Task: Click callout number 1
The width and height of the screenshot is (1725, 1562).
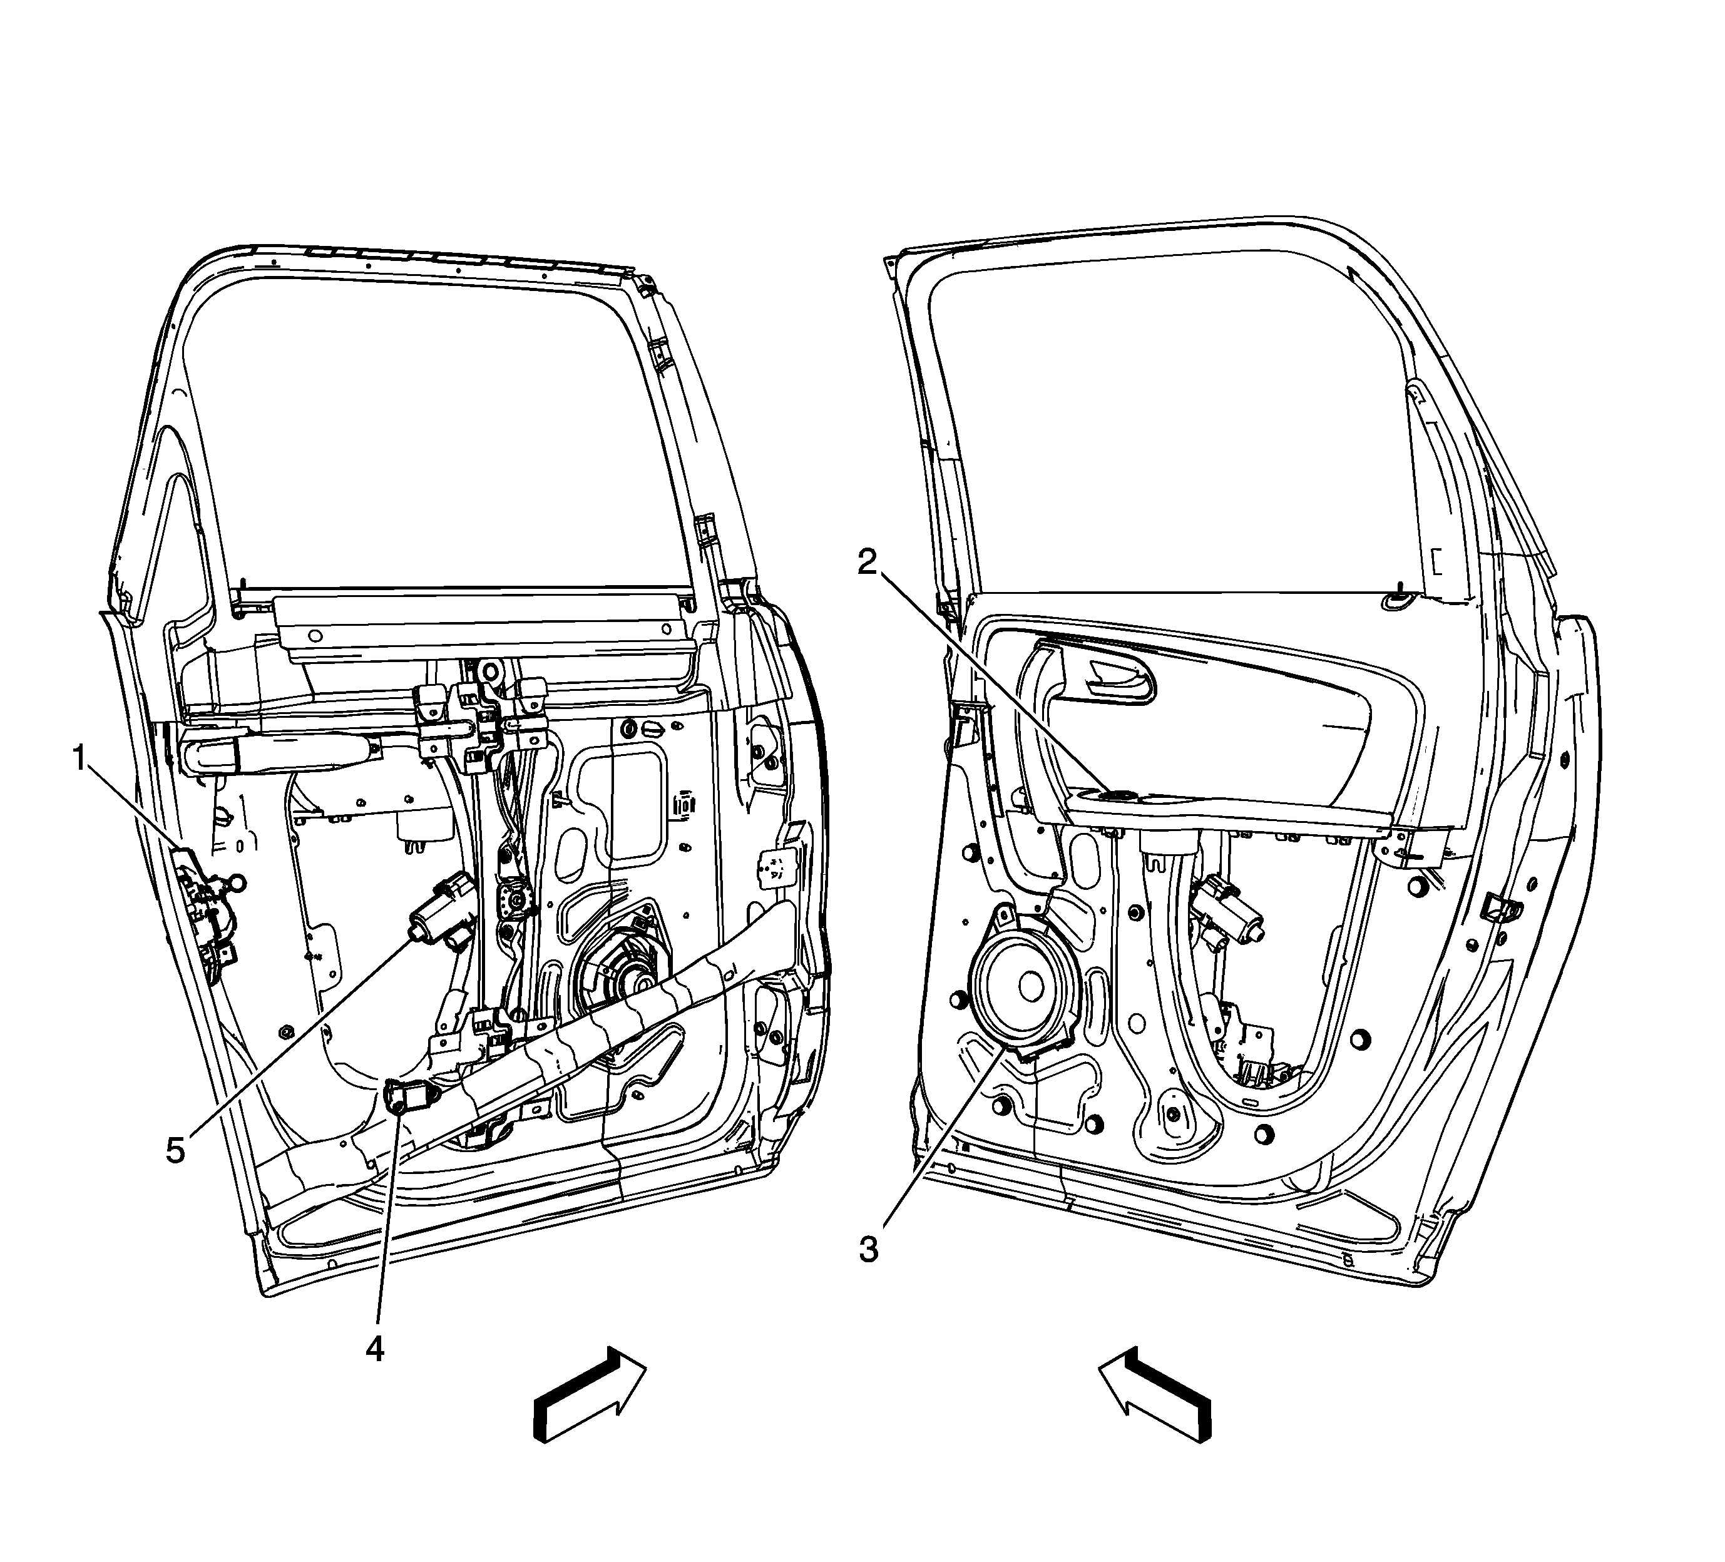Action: pos(81,758)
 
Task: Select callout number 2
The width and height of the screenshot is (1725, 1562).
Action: pos(868,562)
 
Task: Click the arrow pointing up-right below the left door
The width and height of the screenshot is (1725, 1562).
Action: pos(590,1395)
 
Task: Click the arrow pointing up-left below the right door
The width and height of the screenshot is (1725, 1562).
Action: pos(1155,1395)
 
